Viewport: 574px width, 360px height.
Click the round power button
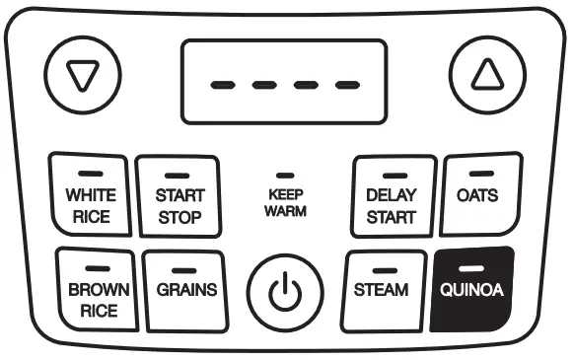(285, 292)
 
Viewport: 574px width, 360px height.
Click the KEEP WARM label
(286, 202)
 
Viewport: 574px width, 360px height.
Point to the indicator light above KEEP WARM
(286, 175)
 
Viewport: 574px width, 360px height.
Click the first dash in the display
(222, 84)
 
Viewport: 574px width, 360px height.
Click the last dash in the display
(346, 84)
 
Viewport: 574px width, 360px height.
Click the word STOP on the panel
(179, 216)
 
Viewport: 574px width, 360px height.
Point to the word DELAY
(391, 195)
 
